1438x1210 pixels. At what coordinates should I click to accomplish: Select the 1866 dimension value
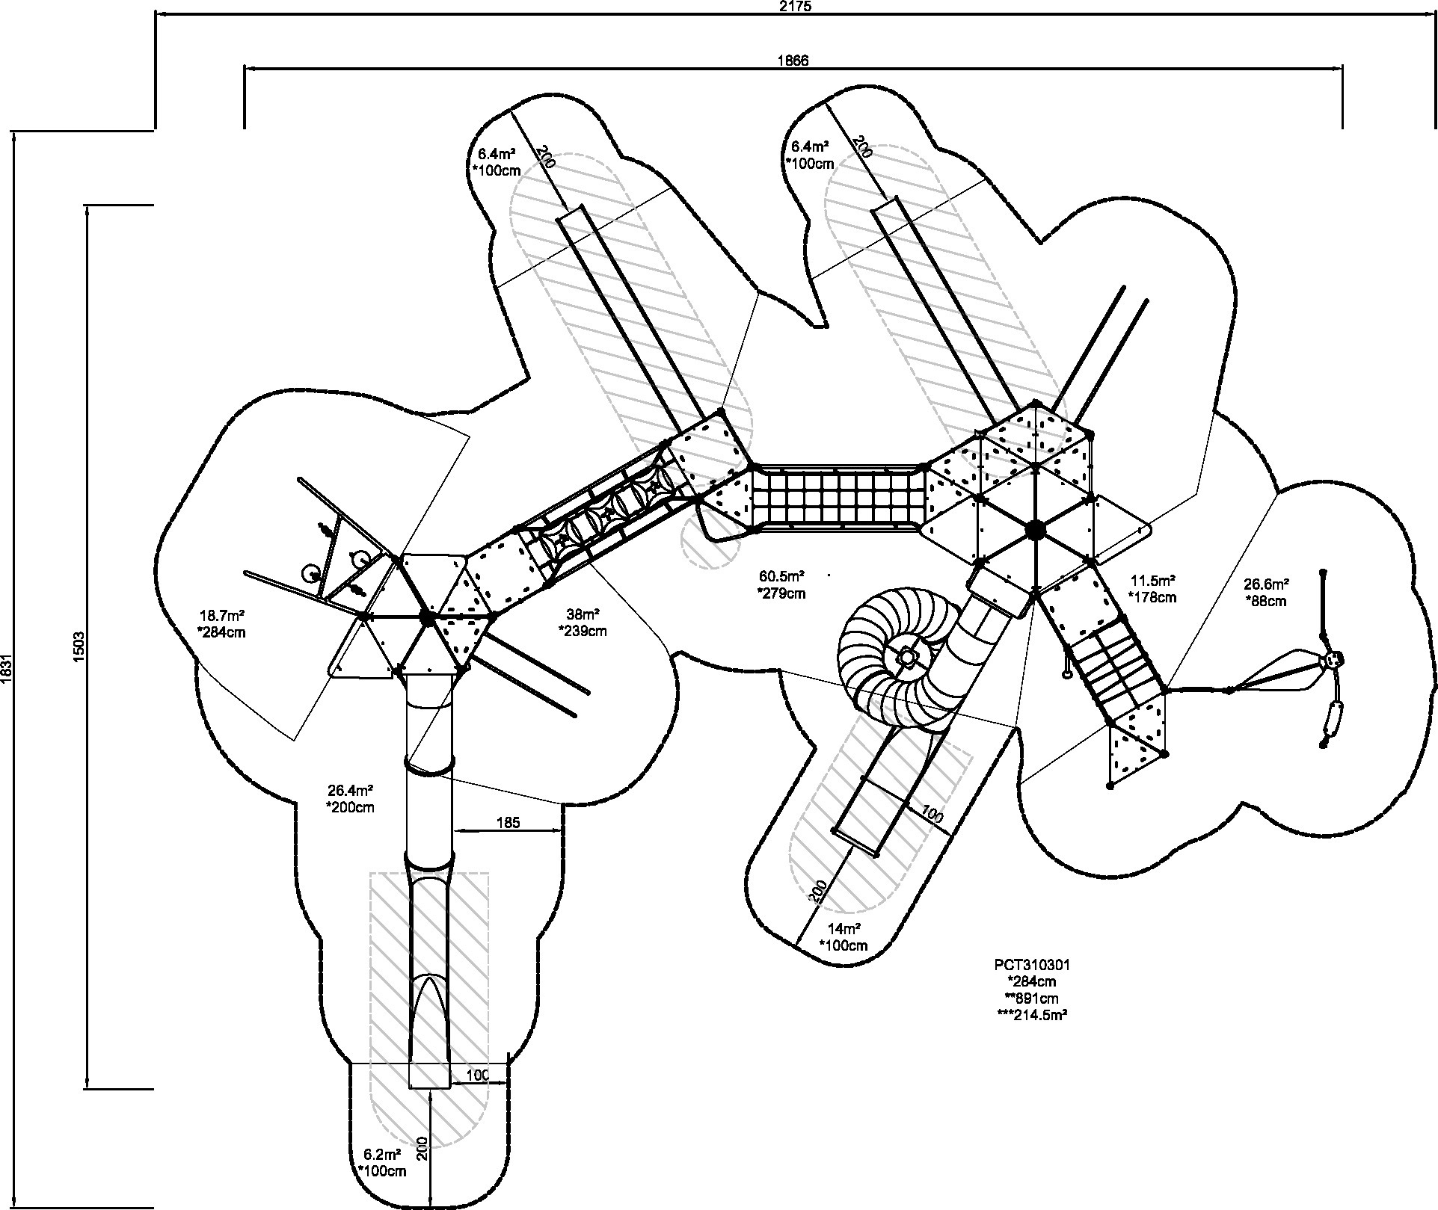(x=793, y=61)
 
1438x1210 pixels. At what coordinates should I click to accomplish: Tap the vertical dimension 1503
(x=80, y=646)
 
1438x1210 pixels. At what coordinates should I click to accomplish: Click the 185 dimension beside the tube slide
(x=508, y=823)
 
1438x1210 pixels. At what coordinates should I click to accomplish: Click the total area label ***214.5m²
(x=1032, y=1015)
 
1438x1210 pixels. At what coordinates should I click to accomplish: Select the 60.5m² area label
(x=782, y=576)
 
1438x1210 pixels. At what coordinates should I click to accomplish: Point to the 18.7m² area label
(x=222, y=616)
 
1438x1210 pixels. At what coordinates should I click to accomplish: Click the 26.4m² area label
(x=350, y=791)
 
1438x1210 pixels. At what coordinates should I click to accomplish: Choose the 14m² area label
(x=844, y=929)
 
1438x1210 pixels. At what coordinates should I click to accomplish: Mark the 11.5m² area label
(x=1152, y=581)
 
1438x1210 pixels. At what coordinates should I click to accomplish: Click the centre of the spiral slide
(x=906, y=656)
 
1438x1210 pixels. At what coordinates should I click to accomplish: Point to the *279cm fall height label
(x=782, y=593)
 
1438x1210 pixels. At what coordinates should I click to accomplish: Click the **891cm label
(x=1032, y=998)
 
